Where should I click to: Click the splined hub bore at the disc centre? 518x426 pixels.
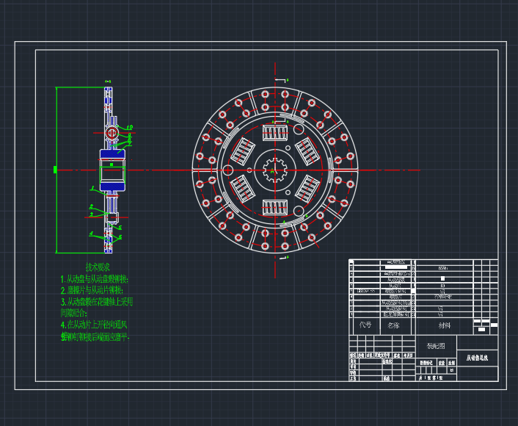point(274,170)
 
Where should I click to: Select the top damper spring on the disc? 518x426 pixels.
point(274,132)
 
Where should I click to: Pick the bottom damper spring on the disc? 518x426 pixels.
point(274,209)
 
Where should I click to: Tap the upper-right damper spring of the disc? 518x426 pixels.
point(307,151)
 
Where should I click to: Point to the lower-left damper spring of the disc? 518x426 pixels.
point(241,189)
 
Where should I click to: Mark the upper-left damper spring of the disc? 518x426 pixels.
point(241,151)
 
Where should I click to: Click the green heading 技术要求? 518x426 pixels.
point(98,267)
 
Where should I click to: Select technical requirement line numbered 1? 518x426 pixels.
point(95,279)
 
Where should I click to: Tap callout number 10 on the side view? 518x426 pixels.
point(129,128)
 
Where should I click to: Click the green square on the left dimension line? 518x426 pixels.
point(56,170)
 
